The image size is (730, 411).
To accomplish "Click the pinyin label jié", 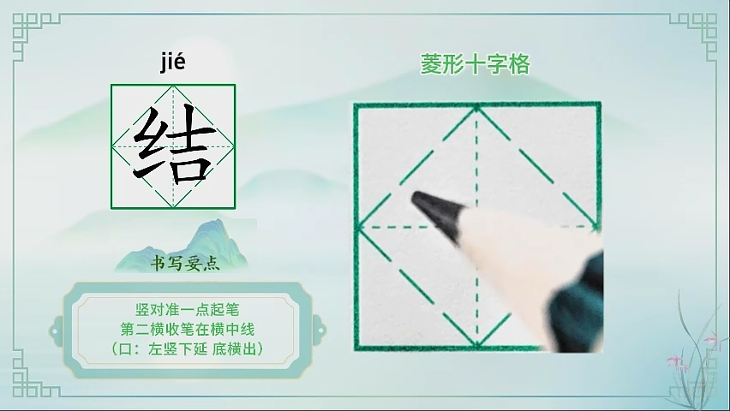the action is [173, 63].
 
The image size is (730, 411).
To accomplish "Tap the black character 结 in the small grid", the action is [174, 146].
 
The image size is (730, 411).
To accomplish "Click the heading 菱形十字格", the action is [476, 64].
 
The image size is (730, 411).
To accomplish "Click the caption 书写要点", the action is [185, 264].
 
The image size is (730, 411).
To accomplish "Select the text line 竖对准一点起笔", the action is [187, 309].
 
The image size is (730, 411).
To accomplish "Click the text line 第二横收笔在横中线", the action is [187, 329].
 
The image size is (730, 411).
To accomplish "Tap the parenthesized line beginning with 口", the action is [187, 348].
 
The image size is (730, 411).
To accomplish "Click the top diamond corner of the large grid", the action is [476, 109].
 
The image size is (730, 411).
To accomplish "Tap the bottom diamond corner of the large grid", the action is [476, 345].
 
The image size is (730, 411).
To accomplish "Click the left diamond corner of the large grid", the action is [358, 228].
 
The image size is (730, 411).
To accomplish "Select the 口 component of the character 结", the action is [189, 167].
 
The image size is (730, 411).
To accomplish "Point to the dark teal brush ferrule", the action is [578, 301].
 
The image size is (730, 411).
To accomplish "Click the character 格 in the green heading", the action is [519, 64].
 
